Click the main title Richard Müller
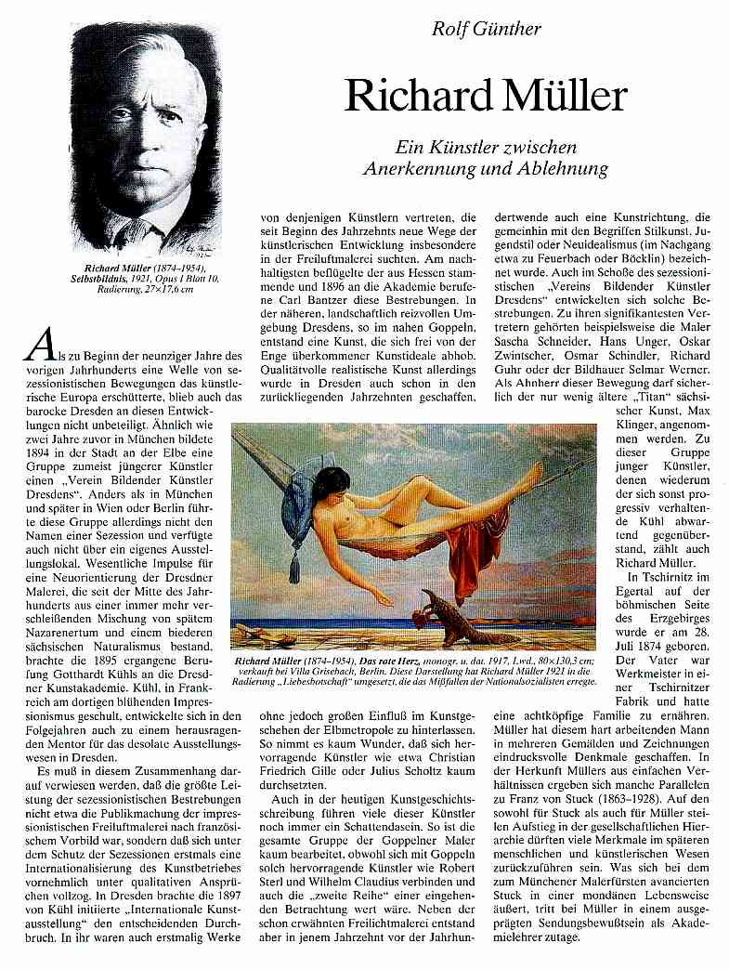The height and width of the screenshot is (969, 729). click(x=487, y=96)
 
